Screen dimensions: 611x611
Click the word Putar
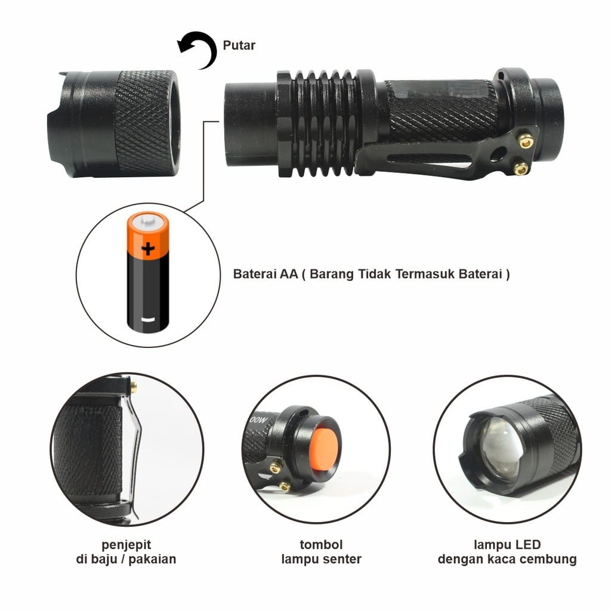pyautogui.click(x=239, y=45)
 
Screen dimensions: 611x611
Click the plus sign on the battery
pyautogui.click(x=147, y=248)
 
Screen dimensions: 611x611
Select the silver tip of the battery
pyautogui.click(x=147, y=224)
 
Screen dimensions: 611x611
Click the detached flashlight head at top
pyautogui.click(x=113, y=124)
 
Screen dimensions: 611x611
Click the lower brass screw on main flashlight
pyautogui.click(x=521, y=169)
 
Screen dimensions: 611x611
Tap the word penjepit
pyautogui.click(x=126, y=544)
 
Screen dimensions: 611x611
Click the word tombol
pyautogui.click(x=321, y=544)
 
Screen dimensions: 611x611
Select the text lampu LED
pyautogui.click(x=507, y=544)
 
